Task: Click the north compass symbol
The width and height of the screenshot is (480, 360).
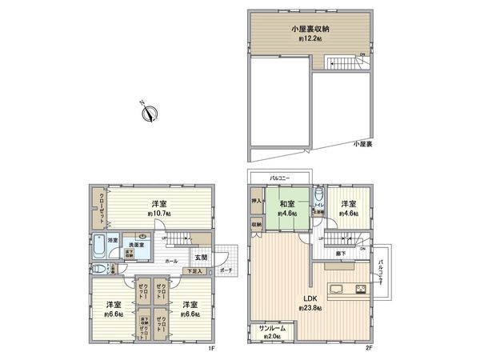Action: coord(147,113)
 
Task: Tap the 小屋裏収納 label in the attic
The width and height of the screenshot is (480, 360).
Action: coord(310,30)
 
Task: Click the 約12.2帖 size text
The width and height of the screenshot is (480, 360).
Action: coord(310,38)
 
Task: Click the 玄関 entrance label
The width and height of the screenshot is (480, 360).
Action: coord(201,258)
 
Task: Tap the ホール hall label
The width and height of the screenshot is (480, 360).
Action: coord(171,261)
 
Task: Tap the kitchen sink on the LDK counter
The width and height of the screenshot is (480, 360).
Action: coord(337,289)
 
